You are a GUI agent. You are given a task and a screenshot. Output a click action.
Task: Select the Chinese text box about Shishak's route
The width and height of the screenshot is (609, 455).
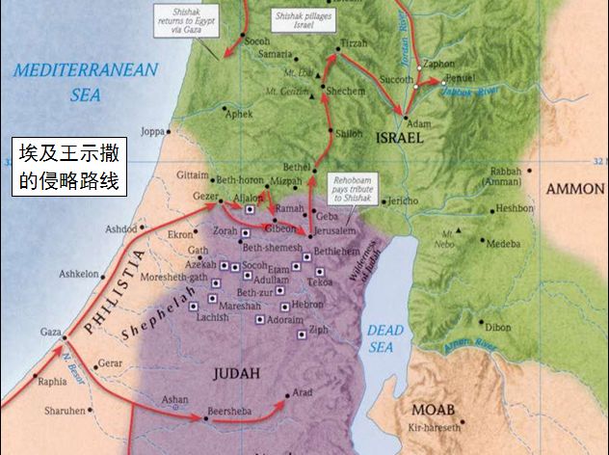pyautogui.click(x=69, y=166)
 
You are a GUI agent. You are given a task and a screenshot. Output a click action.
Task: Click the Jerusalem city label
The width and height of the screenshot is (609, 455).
pyautogui.click(x=334, y=233)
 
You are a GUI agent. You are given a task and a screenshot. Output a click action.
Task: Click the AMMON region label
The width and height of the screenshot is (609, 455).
pyautogui.click(x=574, y=189)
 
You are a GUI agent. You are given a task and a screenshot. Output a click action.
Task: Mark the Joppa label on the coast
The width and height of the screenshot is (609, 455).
pyautogui.click(x=152, y=130)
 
